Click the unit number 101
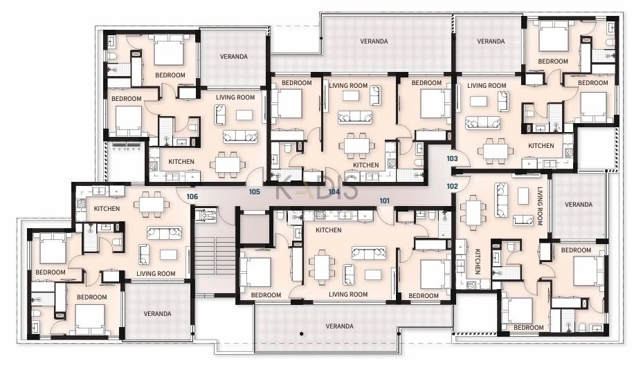pos(385,201)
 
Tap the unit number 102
pos(452,186)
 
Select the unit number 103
pos(452,158)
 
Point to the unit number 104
pos(334,192)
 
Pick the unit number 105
pos(254,192)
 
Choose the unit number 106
pos(192,196)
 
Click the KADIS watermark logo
pos(317,187)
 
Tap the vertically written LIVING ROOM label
pos(539,205)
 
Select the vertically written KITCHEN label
pos(477,261)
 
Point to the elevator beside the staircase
pos(206,214)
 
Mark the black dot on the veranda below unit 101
pos(301,334)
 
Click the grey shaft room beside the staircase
pos(254,229)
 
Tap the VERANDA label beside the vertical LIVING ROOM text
pos(578,205)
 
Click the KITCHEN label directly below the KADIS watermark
pos(328,230)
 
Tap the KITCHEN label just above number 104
pos(365,165)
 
